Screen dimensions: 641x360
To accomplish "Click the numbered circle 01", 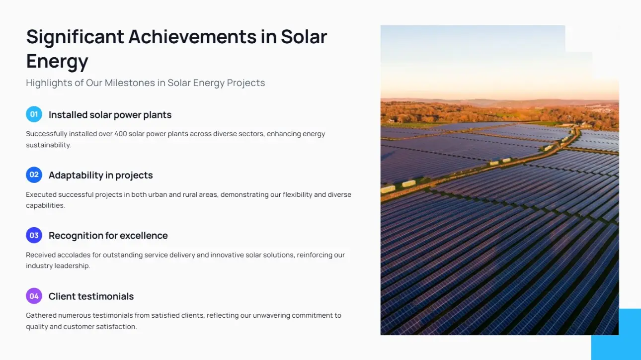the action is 34,114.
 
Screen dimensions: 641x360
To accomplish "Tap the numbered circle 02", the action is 34,175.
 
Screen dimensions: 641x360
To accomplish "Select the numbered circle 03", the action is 34,235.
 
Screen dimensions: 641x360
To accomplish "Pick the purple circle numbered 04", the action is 34,296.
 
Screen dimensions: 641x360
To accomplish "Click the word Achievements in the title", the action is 192,37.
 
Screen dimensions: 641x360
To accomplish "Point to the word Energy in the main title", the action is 57,61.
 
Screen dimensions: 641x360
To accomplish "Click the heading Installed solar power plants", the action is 110,115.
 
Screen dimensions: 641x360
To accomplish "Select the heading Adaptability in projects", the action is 101,175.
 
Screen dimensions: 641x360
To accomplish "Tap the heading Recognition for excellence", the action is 108,235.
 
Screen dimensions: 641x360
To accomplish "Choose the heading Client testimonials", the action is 91,296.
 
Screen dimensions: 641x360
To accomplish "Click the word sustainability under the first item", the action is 48,145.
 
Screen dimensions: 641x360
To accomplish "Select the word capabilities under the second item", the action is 46,206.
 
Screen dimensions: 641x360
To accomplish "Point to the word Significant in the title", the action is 75,37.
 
